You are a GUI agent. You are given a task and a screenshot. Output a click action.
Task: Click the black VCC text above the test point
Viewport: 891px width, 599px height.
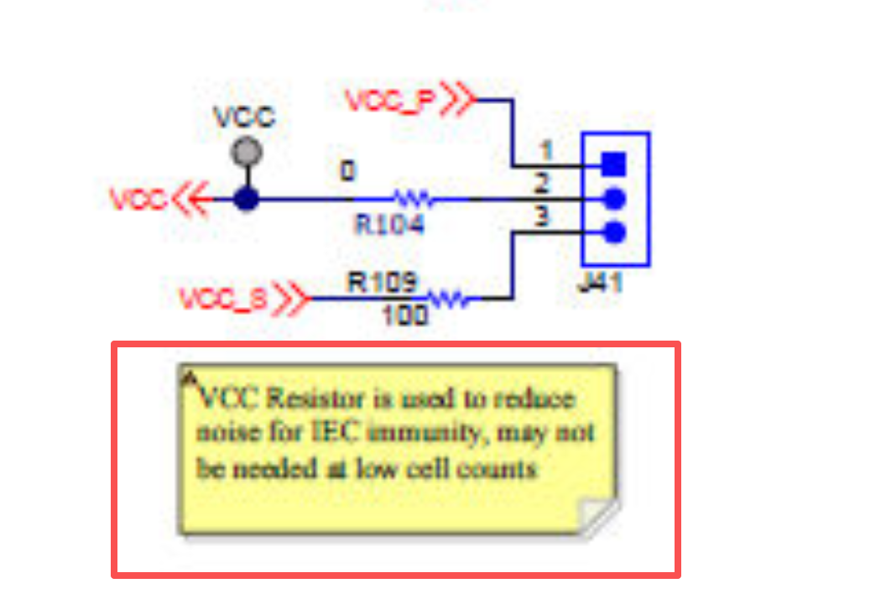[x=244, y=117]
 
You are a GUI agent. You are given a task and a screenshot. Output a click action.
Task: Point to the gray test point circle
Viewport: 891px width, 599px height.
[x=247, y=153]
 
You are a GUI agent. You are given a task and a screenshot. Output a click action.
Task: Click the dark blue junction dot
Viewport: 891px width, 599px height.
[x=246, y=200]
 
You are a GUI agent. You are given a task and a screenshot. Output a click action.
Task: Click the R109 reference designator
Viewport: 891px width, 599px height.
[x=383, y=282]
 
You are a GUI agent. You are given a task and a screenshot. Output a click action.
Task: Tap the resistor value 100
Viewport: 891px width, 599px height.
[x=405, y=316]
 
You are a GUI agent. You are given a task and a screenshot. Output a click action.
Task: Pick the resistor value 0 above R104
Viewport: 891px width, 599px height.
[x=346, y=171]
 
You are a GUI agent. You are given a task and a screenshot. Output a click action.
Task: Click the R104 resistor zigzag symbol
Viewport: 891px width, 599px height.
[x=414, y=200]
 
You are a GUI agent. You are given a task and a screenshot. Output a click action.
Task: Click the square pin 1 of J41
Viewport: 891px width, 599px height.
[x=615, y=163]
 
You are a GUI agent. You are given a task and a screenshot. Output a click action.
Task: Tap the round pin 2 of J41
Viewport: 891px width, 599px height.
[x=615, y=199]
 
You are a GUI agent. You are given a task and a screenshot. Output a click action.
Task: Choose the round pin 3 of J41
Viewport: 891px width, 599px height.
[x=615, y=232]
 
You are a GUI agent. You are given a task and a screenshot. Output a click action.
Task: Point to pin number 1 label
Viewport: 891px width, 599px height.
[x=545, y=151]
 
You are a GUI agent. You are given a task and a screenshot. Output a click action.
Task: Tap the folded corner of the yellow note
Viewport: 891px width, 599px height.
[x=599, y=516]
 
